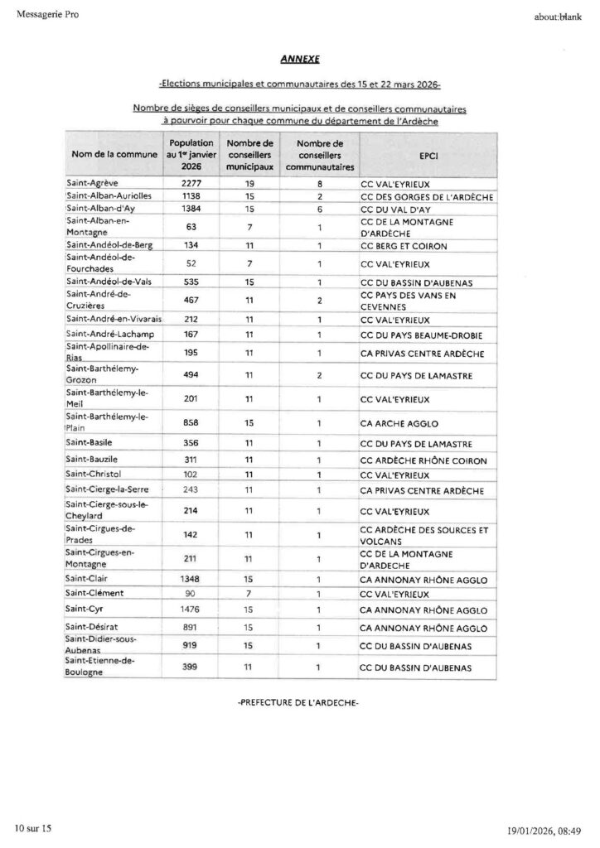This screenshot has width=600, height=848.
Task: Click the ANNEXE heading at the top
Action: pos(298,60)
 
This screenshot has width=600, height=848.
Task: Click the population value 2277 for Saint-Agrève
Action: pos(191,183)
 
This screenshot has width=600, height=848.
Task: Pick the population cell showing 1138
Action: pos(191,197)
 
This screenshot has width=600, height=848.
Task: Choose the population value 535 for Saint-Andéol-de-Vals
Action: pos(191,282)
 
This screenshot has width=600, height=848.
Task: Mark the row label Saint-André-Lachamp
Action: pos(108,335)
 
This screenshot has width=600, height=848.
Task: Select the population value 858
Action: pos(191,423)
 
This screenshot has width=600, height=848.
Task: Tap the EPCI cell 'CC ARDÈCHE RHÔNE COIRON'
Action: pos(423,460)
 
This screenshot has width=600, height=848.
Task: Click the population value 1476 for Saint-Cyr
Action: pos(191,610)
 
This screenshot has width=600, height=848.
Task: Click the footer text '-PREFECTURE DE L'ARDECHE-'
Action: pos(298,702)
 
